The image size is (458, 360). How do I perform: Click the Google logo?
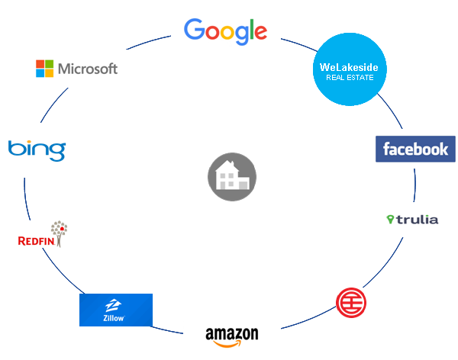point(226,31)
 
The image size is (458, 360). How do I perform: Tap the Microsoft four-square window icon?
point(46,69)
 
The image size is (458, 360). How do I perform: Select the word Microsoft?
point(88,69)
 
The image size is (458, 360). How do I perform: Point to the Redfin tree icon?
point(58,231)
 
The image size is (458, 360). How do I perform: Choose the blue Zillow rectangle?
point(116,310)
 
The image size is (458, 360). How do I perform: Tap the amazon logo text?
point(232,334)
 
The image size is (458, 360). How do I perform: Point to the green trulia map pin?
point(391,220)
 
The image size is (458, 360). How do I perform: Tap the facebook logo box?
point(415,149)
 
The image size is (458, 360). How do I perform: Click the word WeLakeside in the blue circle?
point(349,68)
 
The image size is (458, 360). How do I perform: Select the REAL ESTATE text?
point(349,79)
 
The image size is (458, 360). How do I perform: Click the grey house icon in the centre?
point(232,177)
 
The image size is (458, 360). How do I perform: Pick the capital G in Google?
point(195,30)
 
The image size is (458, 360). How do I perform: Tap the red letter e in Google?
point(260,33)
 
